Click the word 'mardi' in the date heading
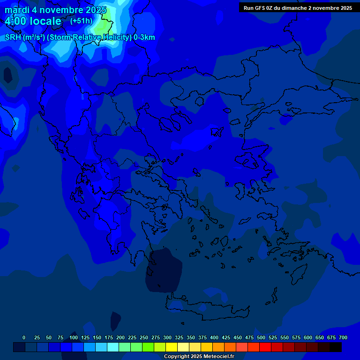(x=17, y=10)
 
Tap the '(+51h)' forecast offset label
(x=81, y=21)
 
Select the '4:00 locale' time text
(x=33, y=21)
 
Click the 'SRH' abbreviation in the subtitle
(x=13, y=37)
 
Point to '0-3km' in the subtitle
(x=144, y=37)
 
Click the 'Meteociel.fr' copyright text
(x=216, y=357)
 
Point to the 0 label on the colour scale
(x=24, y=337)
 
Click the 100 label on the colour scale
(x=74, y=337)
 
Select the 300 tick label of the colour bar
(x=167, y=337)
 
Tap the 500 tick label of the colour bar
(x=261, y=337)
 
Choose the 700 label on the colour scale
(x=343, y=337)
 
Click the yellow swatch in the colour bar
(x=172, y=347)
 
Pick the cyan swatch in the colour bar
(x=113, y=347)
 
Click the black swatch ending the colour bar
(x=336, y=347)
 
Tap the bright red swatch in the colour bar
(x=265, y=347)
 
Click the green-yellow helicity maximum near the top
(x=102, y=26)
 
